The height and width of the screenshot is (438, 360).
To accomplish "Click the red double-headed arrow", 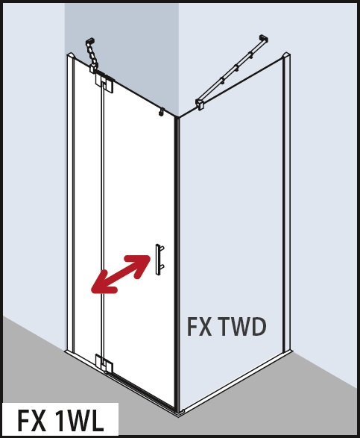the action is pos(121,274).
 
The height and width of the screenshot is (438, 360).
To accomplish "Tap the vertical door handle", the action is pos(159,260).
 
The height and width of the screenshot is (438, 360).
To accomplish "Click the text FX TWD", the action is pos(227,327).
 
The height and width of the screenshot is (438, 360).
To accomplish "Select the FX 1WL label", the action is pos(60,421).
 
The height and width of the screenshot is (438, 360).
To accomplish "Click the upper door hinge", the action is pos(104,81).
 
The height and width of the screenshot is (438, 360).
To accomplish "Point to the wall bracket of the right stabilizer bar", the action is pos(264,39).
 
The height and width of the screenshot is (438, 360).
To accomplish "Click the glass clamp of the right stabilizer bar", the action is pos(201,104).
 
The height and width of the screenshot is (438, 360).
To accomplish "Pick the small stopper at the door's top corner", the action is pos(161,111).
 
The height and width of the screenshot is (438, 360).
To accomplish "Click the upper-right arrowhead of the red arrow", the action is pos(141,264).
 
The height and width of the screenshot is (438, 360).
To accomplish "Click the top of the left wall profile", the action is pos(71,54).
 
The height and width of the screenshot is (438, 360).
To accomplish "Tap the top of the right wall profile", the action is pos(287,54).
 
